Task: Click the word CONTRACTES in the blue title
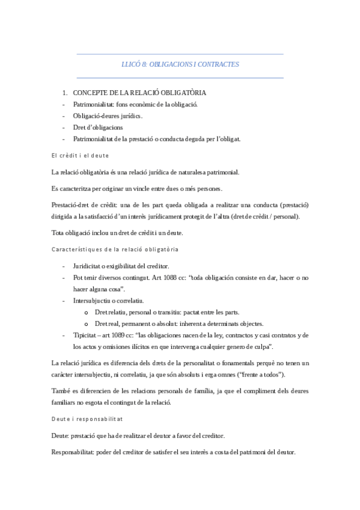220,64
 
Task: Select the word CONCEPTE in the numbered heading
91,93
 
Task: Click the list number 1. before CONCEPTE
66,93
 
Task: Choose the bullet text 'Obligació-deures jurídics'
108,115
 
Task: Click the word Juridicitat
90,266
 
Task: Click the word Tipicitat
87,334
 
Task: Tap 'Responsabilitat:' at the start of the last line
76,452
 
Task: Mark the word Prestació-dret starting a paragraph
73,205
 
